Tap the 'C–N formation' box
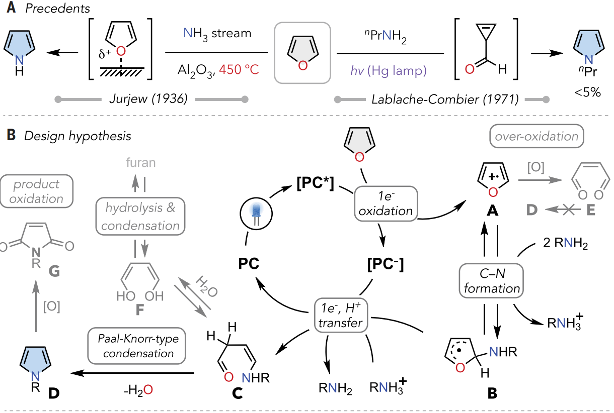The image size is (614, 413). [492, 281]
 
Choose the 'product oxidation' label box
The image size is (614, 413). [36, 191]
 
